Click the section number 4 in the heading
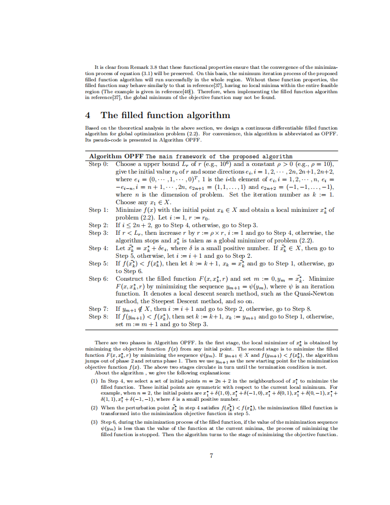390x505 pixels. click(x=87, y=115)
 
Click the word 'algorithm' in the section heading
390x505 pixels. click(x=208, y=115)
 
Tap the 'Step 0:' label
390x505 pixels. click(x=98, y=164)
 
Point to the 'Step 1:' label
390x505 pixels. click(x=98, y=210)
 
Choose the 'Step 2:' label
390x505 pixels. click(x=98, y=225)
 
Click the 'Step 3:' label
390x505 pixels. click(x=98, y=233)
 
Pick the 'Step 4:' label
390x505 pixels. click(x=98, y=248)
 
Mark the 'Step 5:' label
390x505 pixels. click(x=98, y=263)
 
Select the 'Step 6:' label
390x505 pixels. click(x=98, y=279)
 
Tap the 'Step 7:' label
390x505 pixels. click(x=98, y=309)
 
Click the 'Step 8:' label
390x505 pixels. click(x=98, y=317)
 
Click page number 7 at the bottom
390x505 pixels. click(x=211, y=455)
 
